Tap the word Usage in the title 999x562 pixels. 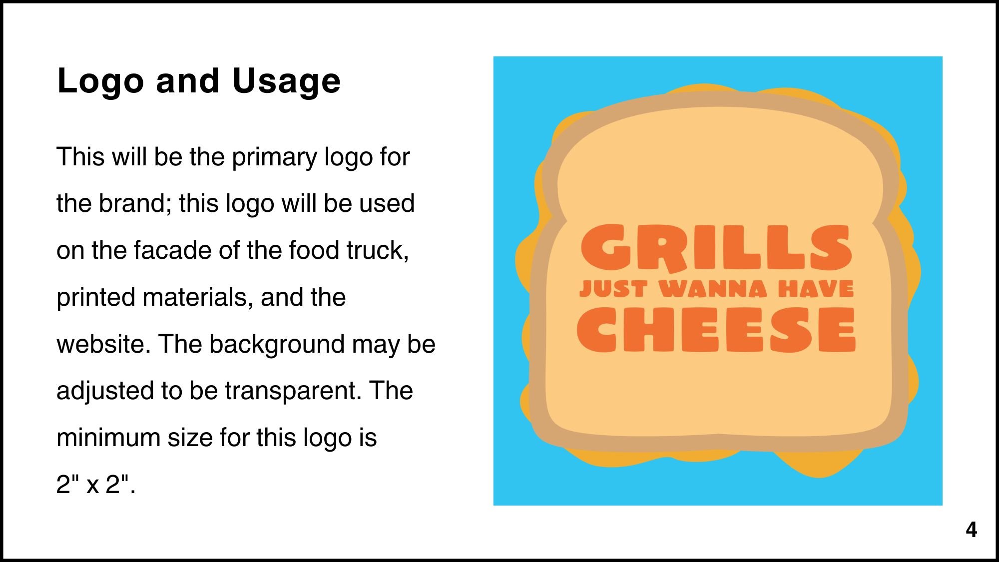(286, 81)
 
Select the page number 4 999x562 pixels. (971, 530)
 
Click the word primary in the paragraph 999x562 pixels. (275, 158)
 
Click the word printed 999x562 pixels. (96, 298)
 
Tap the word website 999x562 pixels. (103, 344)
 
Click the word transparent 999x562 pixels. (293, 391)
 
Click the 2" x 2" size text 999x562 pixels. (95, 484)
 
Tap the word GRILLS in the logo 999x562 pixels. (716, 248)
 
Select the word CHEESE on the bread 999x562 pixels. (716, 330)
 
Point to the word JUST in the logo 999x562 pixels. (613, 289)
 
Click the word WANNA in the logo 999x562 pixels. (713, 289)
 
